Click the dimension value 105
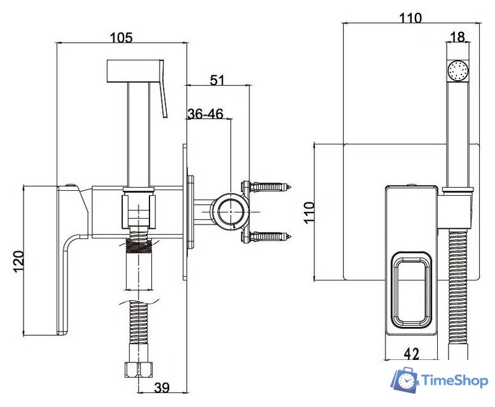[x=121, y=37]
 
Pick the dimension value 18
[x=457, y=37]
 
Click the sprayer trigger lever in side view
[x=164, y=89]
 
